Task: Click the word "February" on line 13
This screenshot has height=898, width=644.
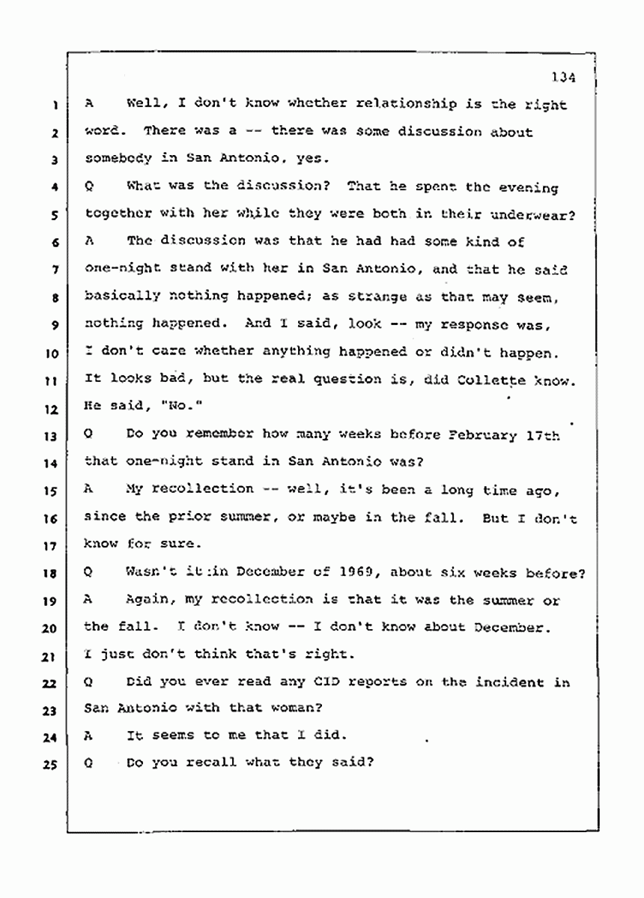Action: coord(483,435)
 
